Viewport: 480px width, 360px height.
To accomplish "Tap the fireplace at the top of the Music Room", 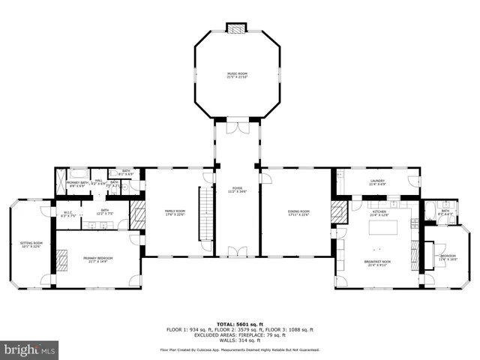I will coord(237,28).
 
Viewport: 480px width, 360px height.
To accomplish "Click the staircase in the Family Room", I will coord(201,214).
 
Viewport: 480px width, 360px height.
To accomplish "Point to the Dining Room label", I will coord(298,212).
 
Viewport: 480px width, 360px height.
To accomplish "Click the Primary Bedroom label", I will coord(98,259).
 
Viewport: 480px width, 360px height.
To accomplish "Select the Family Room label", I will coord(175,212).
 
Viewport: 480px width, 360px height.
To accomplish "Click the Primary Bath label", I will coord(77,184).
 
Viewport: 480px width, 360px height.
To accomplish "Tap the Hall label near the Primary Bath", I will coord(97,181).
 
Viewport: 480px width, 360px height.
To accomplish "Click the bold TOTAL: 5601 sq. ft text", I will coord(239,322).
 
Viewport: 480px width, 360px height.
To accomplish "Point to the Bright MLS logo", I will coord(29,349).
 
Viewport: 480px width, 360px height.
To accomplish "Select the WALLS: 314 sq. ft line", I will coord(239,340).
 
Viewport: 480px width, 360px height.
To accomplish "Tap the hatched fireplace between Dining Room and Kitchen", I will coord(340,214).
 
